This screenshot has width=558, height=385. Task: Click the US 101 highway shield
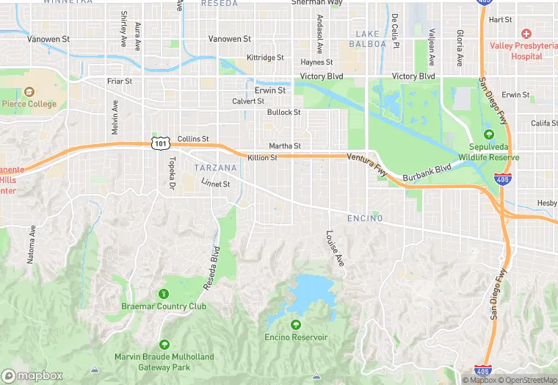pos(161,143)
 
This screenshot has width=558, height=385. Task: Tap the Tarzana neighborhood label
pos(216,168)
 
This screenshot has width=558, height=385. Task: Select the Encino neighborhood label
pos(365,218)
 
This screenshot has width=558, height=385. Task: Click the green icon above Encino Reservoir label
pos(296,324)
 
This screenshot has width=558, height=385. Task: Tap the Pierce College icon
pos(29,92)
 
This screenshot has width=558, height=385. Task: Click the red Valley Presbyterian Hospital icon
pos(526,34)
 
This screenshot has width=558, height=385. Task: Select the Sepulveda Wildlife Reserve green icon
pos(489,134)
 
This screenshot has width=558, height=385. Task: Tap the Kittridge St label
pos(265,57)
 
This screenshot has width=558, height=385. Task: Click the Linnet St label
pos(217,184)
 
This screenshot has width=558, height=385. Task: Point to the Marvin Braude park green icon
pos(164,344)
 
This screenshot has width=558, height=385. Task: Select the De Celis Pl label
pos(394,28)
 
